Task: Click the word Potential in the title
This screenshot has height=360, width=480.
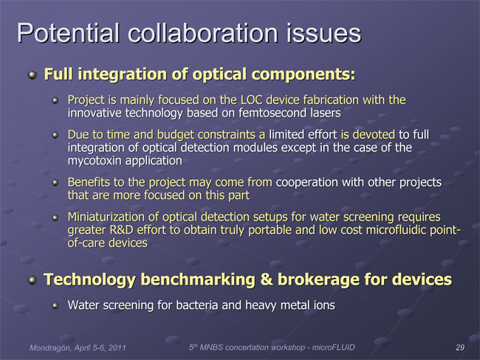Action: point(68,32)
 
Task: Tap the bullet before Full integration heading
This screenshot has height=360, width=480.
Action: point(32,75)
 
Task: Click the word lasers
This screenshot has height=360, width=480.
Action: point(326,113)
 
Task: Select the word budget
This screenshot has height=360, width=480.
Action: point(176,134)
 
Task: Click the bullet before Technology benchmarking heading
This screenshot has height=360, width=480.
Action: point(32,280)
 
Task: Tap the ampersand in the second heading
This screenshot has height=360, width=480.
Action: point(267,280)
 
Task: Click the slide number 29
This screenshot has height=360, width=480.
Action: point(460,347)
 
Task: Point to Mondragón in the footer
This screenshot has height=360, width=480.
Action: point(51,347)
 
